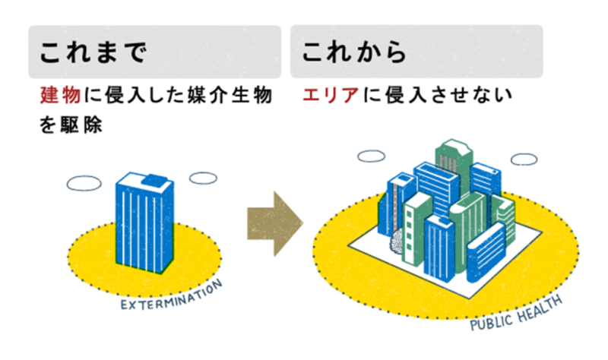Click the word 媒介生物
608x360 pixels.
229,97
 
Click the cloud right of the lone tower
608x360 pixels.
203,178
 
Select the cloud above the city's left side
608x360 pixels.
372,156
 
